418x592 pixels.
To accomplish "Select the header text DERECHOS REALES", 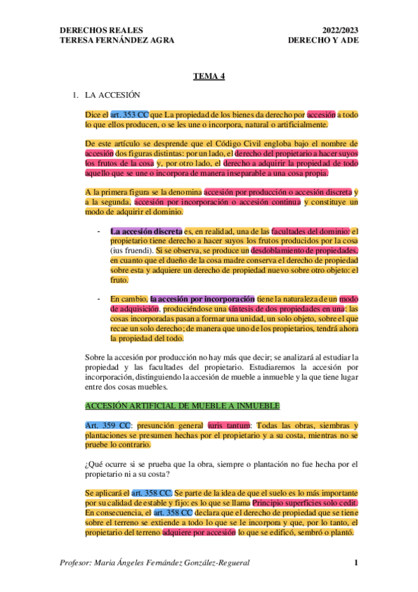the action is click(102, 31).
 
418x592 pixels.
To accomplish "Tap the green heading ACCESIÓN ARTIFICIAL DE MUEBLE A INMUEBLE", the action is click(182, 405).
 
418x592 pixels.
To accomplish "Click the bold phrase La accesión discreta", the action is click(147, 231).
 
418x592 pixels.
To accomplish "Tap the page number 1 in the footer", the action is click(356, 563).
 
